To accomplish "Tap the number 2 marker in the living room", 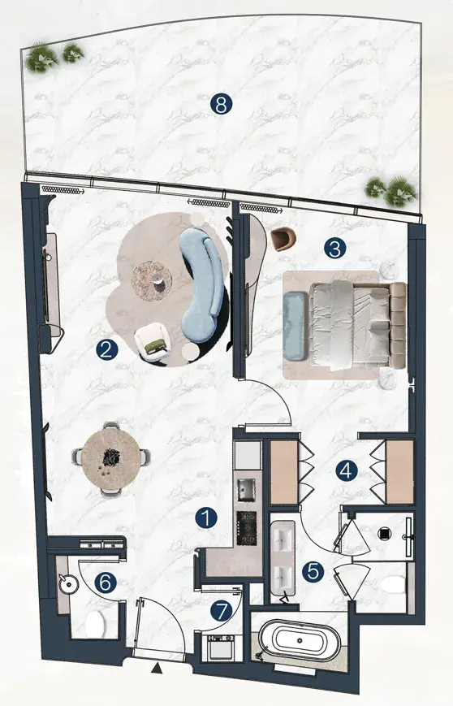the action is (106, 349).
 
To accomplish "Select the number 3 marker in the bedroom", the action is (334, 248).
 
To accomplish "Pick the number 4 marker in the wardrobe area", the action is (347, 471).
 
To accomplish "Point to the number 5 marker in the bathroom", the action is (313, 571).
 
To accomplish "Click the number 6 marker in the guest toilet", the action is (106, 583).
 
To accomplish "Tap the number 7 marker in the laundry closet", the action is (222, 611).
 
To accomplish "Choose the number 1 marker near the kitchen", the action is (206, 518).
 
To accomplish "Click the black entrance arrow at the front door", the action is (157, 669).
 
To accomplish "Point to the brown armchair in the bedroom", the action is (283, 239).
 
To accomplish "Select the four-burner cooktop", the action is (247, 528).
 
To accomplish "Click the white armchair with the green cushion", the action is (153, 343).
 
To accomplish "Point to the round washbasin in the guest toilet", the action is (68, 584).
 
